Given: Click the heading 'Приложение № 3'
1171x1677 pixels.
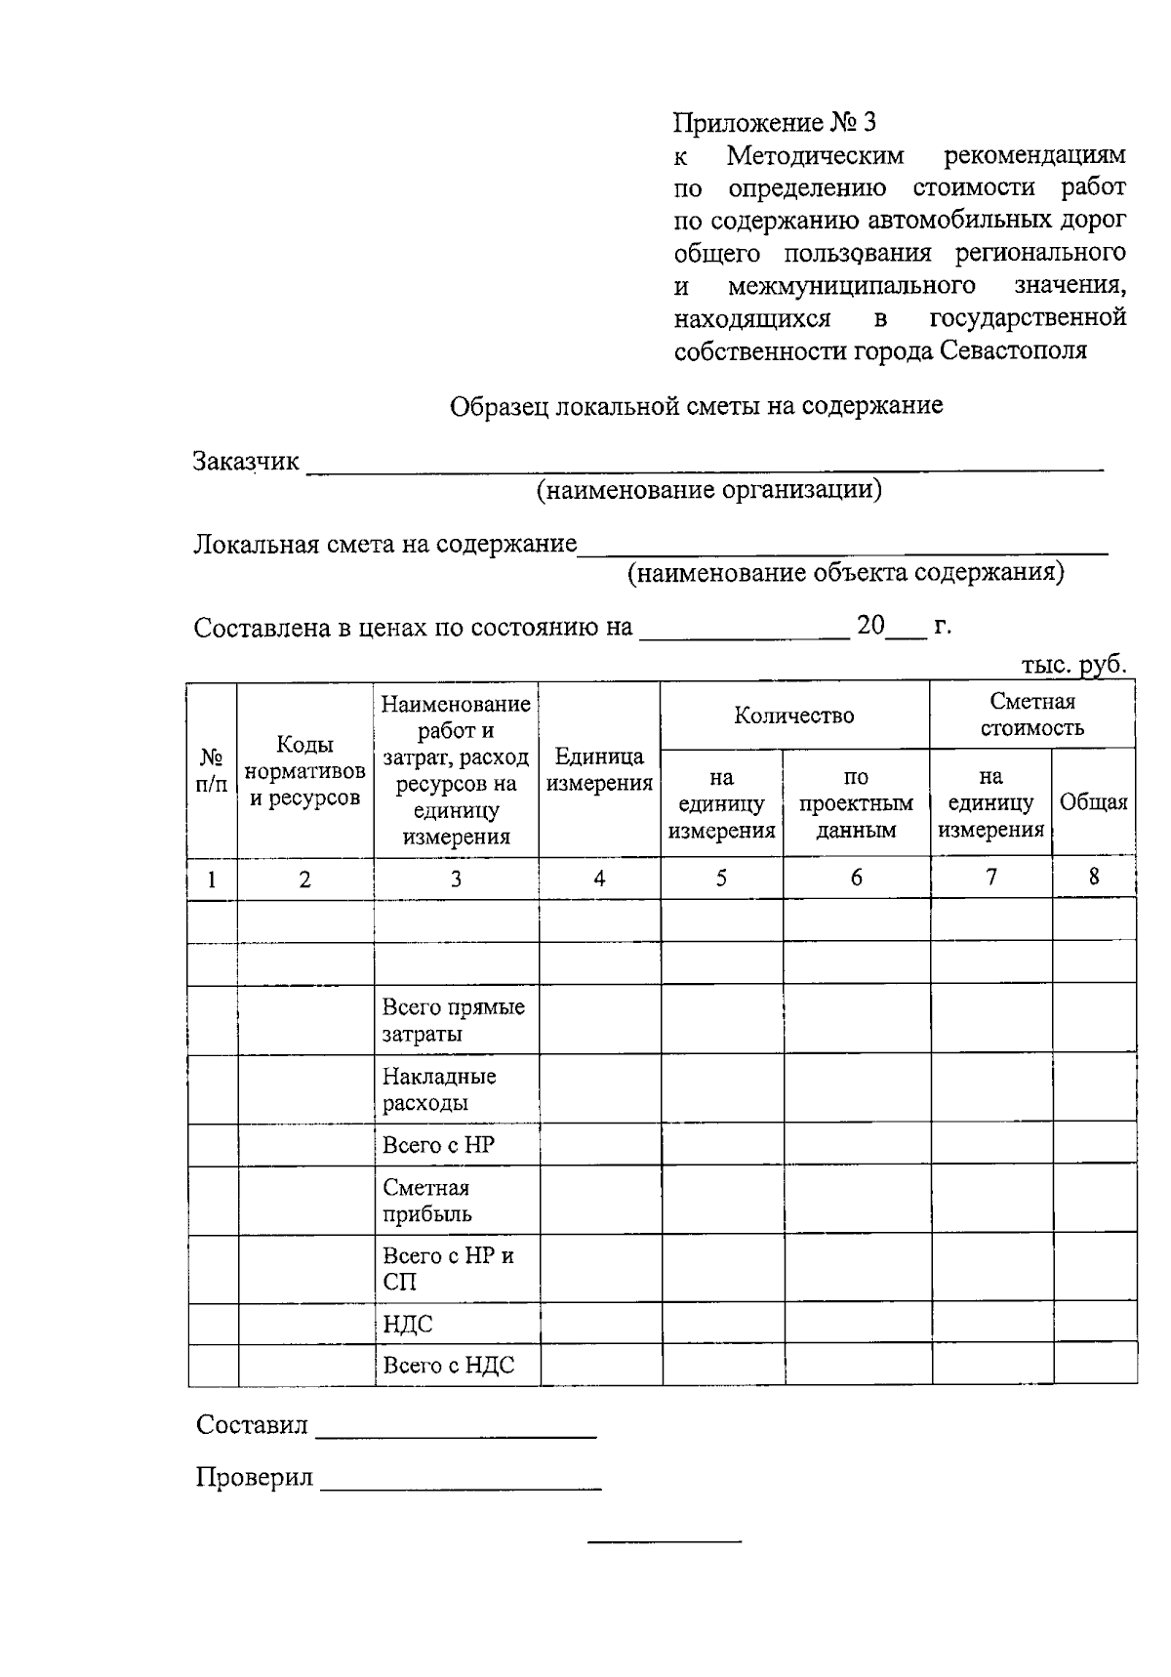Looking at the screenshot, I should pyautogui.click(x=775, y=123).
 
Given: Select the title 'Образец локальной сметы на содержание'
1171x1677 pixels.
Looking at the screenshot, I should pyautogui.click(x=696, y=406).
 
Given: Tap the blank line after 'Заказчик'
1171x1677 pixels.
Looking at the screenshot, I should pyautogui.click(x=703, y=468).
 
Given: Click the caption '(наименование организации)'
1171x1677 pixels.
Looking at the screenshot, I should pyautogui.click(x=708, y=490).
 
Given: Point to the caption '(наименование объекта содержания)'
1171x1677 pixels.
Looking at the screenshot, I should pyautogui.click(x=845, y=572).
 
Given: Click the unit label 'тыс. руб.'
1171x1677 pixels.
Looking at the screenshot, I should pyautogui.click(x=1073, y=665).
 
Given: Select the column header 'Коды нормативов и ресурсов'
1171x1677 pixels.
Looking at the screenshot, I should pyautogui.click(x=304, y=771).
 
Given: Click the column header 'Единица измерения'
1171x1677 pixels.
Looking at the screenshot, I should pyautogui.click(x=598, y=769).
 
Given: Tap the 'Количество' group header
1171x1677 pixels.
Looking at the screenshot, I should pyautogui.click(x=793, y=716).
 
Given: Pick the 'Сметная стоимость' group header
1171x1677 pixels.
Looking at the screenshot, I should pyautogui.click(x=1031, y=715).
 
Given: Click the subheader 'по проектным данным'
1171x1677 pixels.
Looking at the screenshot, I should pyautogui.click(x=856, y=803).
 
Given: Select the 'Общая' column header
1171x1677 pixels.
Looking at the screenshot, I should pyautogui.click(x=1093, y=802).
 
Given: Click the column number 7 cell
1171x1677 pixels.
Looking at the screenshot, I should pyautogui.click(x=990, y=878).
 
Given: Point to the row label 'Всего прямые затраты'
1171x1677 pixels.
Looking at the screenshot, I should pyautogui.click(x=453, y=1020).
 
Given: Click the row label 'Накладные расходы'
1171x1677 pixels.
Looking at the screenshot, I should pyautogui.click(x=439, y=1089).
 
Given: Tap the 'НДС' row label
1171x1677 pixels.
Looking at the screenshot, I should pyautogui.click(x=407, y=1325).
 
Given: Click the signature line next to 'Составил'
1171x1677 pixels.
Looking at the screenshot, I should pyautogui.click(x=456, y=1435).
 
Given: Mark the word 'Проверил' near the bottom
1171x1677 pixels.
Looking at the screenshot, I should pyautogui.click(x=254, y=1477).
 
